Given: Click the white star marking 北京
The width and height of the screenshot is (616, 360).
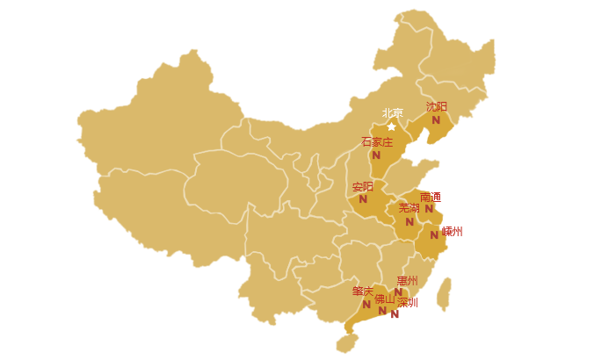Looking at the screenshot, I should (392, 126).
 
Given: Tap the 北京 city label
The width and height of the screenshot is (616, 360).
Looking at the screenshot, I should (392, 113).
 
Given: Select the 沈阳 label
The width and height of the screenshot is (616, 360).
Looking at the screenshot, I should (436, 106).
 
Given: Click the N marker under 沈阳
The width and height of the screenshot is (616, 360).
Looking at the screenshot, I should (436, 120).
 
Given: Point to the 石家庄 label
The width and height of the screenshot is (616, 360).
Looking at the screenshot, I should (377, 141).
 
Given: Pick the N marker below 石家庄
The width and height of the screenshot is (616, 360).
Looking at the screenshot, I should (376, 155).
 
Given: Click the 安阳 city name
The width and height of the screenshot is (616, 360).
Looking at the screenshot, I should (362, 186).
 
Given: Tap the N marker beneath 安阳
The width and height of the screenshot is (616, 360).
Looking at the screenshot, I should (363, 199).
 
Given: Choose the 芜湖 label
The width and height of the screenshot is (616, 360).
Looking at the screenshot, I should (409, 208).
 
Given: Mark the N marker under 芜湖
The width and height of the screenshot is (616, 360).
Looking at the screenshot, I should (409, 222).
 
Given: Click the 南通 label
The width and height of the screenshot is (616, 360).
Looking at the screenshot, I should (430, 197).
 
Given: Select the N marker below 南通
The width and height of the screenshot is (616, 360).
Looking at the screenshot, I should (429, 209).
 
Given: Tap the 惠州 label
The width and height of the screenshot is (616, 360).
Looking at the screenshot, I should (407, 281).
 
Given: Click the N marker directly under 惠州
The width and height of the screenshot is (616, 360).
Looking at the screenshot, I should (398, 293).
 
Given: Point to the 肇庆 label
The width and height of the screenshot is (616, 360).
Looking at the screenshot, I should (363, 291).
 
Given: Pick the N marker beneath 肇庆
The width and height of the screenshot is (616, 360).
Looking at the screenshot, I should (366, 305).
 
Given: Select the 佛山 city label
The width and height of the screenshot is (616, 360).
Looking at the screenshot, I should (385, 299).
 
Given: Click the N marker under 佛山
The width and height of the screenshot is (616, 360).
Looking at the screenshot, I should (382, 311).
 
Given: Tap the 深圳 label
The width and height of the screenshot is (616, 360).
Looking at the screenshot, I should (407, 302).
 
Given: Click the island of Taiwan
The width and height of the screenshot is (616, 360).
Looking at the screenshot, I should (445, 294).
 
